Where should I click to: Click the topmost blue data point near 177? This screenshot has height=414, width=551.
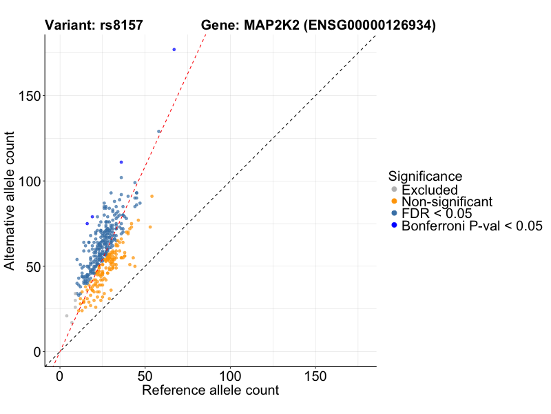(174, 50)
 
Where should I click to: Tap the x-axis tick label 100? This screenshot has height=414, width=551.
(230, 377)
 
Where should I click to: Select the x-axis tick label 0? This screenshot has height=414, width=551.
(60, 377)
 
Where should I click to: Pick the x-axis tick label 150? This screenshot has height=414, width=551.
(315, 377)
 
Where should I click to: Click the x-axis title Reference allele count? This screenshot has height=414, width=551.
(210, 391)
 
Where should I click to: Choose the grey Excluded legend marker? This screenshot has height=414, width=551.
(394, 190)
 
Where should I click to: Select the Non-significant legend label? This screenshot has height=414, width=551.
(447, 201)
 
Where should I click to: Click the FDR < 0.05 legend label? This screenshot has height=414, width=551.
(436, 213)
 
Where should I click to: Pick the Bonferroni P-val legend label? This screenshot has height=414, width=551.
(472, 226)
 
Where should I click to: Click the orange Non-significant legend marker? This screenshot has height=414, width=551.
(394, 201)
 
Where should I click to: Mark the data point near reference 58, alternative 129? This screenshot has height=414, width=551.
(159, 131)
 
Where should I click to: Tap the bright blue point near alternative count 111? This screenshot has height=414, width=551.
(121, 162)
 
